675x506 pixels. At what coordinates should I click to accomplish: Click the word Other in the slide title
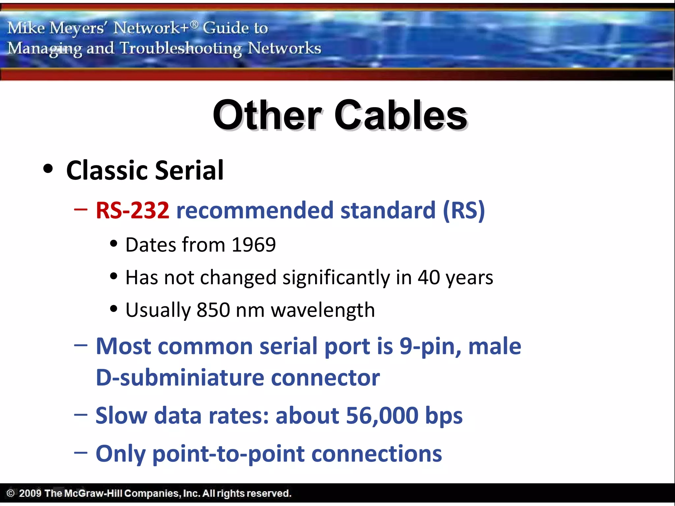click(267, 115)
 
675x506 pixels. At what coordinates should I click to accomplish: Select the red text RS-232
click(132, 210)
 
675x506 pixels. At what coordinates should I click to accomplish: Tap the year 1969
click(253, 245)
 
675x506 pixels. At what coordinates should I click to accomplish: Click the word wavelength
click(323, 310)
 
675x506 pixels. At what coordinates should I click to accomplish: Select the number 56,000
click(382, 415)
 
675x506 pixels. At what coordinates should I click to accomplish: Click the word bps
click(444, 415)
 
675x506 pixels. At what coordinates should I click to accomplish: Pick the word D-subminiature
click(180, 378)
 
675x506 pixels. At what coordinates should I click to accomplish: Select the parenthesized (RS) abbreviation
click(464, 210)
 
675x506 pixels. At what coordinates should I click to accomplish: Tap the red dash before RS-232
click(81, 209)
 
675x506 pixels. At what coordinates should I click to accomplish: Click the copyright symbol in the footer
click(11, 493)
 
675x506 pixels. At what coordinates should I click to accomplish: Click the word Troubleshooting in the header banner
click(181, 48)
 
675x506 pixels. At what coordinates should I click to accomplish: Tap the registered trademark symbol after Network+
click(194, 24)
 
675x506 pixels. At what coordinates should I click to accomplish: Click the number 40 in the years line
click(428, 277)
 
